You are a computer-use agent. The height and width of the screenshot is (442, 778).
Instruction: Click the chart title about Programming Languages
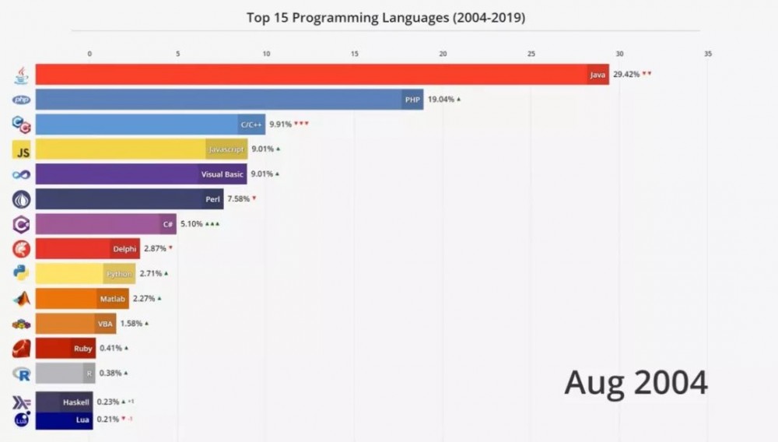385,17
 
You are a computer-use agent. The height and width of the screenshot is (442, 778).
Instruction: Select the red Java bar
311,75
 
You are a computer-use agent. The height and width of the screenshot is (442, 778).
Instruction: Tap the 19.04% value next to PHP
440,100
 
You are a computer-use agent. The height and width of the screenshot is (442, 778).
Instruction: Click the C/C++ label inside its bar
251,125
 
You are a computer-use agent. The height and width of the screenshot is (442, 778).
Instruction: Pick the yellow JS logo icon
22,150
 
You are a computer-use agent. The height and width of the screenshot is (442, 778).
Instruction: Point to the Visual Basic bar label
223,174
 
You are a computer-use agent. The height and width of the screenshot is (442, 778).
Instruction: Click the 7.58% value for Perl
238,199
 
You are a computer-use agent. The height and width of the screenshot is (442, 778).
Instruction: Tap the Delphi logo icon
22,249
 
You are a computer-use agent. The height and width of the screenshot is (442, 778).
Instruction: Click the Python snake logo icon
22,273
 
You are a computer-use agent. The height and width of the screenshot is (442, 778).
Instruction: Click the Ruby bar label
83,349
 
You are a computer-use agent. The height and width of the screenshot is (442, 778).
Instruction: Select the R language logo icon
22,374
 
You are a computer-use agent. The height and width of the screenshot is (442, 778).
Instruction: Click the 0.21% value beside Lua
107,419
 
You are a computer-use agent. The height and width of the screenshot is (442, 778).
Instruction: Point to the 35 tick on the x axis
707,54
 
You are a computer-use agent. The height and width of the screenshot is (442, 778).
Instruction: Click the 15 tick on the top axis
355,54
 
